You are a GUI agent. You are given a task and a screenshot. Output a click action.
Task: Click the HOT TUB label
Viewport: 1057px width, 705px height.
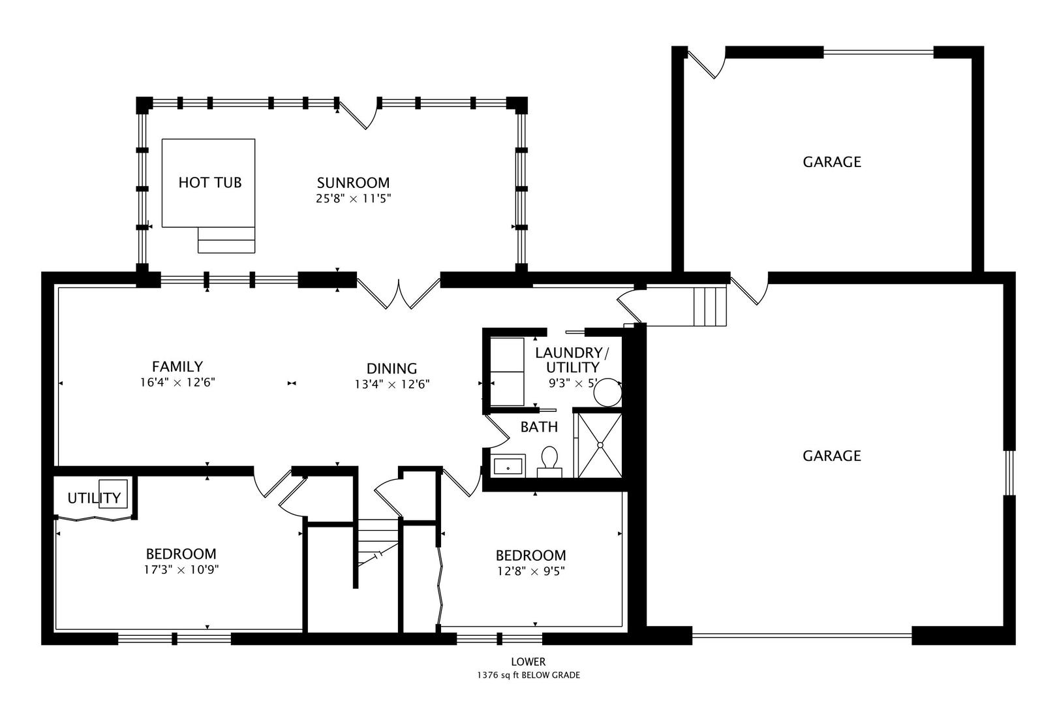[209, 182]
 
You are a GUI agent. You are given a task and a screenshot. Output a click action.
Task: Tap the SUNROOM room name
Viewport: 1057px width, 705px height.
[353, 183]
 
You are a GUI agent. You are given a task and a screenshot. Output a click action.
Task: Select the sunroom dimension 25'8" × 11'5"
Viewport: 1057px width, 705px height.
[353, 198]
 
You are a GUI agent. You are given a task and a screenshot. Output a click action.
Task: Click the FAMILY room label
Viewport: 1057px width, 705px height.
[177, 367]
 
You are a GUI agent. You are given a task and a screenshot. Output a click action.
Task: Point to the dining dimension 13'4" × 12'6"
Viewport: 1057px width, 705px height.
[391, 384]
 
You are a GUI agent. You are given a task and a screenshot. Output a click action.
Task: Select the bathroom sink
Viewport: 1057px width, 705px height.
[508, 466]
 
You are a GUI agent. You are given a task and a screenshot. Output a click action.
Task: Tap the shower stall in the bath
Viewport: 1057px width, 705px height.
[600, 445]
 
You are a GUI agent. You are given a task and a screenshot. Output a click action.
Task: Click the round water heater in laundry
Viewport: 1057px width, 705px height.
[608, 392]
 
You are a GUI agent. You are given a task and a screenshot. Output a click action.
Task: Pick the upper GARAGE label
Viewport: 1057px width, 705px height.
[831, 162]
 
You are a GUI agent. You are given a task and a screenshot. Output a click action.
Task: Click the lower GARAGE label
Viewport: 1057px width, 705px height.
[831, 456]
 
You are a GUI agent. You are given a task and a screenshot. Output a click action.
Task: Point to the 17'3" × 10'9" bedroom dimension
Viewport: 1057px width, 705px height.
[181, 569]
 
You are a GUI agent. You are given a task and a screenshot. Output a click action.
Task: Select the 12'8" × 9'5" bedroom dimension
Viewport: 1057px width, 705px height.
[530, 571]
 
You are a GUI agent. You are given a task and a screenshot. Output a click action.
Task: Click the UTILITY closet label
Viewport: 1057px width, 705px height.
[94, 499]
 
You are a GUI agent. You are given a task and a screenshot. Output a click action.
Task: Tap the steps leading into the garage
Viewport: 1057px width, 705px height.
[710, 305]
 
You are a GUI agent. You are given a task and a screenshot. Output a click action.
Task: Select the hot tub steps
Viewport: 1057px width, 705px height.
[226, 240]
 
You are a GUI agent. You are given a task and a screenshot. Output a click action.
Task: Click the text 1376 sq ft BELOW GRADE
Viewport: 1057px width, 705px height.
[528, 676]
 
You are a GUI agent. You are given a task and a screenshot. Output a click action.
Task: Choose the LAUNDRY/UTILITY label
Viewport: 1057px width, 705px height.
[572, 360]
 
